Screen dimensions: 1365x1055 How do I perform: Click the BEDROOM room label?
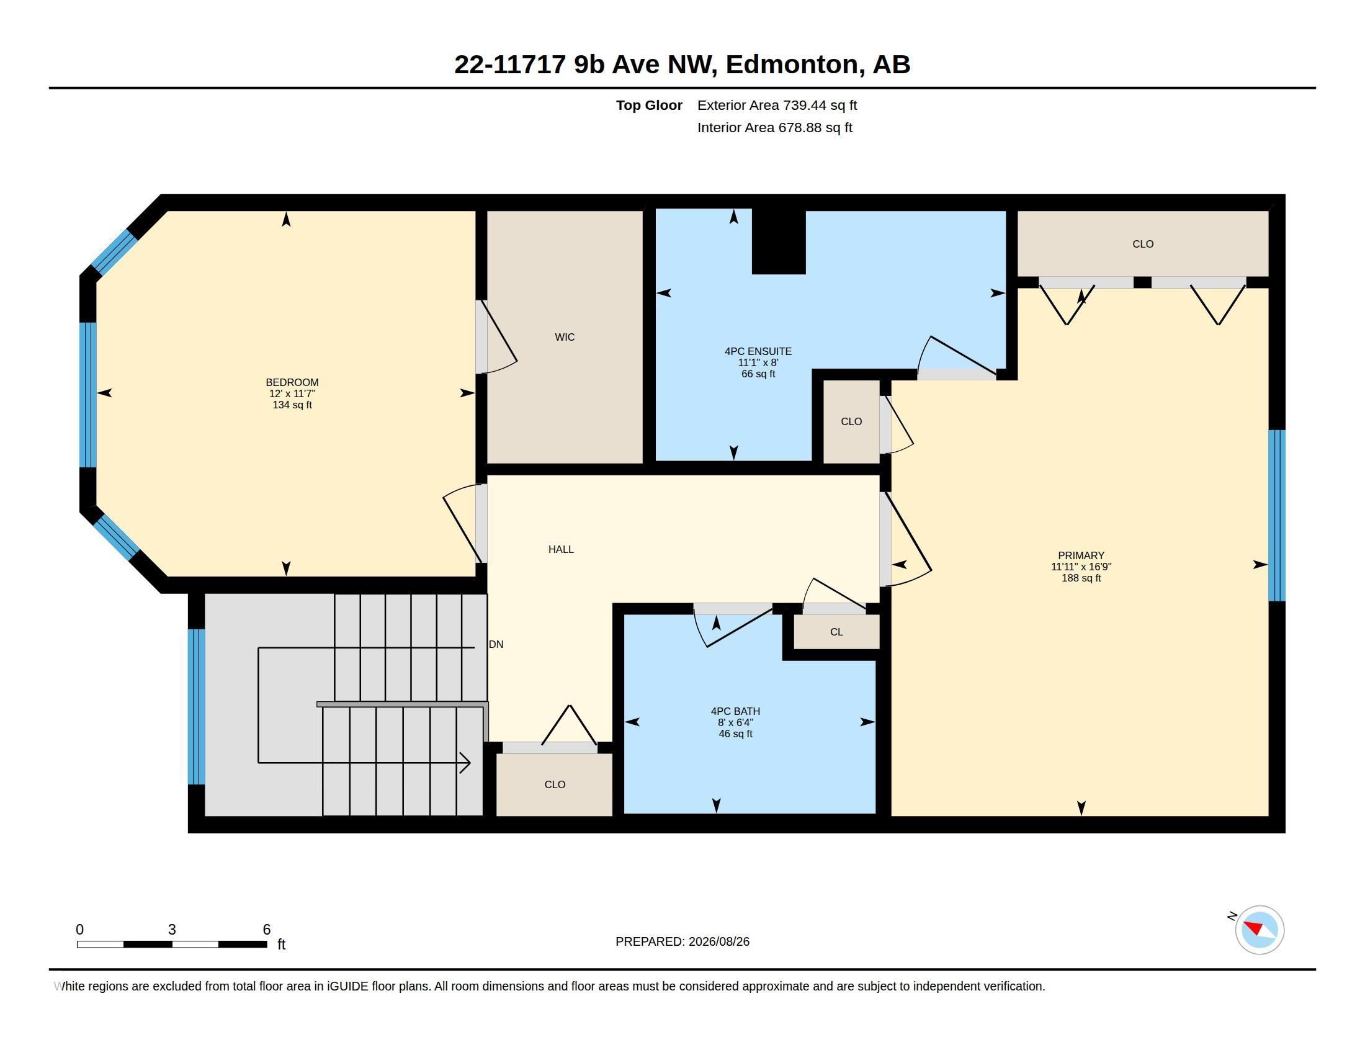[292, 382]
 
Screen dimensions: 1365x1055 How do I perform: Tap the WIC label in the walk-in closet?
[565, 338]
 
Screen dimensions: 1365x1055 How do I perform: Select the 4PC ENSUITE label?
[758, 352]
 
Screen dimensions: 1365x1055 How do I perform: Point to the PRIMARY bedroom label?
[1081, 555]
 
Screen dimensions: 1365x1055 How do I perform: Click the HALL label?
[561, 549]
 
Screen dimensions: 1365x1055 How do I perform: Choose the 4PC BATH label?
[735, 711]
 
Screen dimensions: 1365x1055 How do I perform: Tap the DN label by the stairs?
[496, 644]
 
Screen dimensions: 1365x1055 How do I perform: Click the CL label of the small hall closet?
[836, 632]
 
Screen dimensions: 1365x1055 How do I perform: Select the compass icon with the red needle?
[1260, 930]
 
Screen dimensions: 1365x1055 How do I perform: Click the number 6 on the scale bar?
[267, 930]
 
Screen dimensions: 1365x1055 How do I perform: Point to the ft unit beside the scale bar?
[281, 944]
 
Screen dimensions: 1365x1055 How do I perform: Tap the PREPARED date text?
[682, 941]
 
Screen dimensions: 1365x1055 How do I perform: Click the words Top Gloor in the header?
[649, 105]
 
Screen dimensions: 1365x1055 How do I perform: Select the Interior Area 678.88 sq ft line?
[775, 127]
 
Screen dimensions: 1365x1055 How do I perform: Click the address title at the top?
[682, 65]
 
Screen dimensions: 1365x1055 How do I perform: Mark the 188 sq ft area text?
[1081, 578]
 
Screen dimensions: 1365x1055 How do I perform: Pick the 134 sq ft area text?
[292, 405]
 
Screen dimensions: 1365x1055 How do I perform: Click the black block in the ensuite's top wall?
[778, 242]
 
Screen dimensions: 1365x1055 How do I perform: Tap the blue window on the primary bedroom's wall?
[1276, 515]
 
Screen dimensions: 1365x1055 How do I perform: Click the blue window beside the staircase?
[196, 706]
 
